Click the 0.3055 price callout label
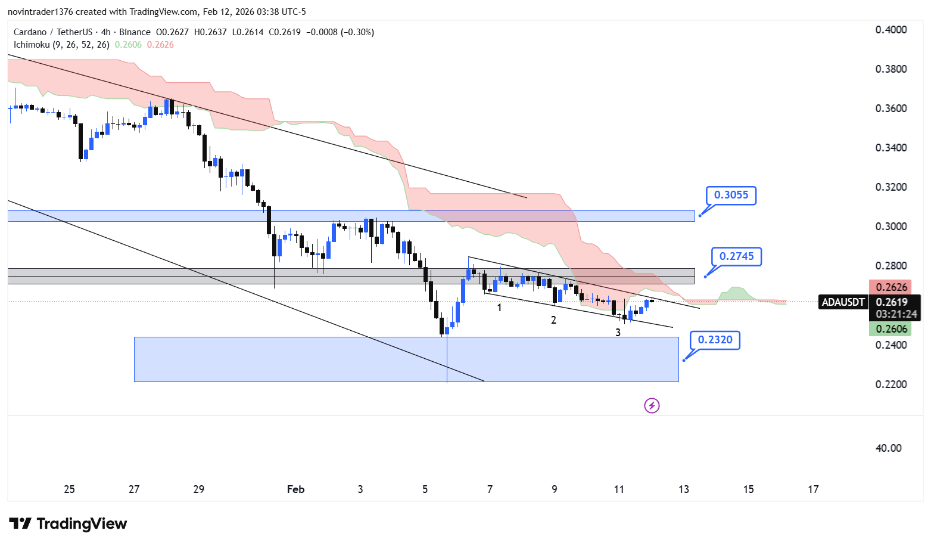pyautogui.click(x=730, y=196)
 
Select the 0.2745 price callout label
pyautogui.click(x=736, y=257)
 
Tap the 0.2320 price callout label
pyautogui.click(x=715, y=340)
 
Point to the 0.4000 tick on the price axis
pyautogui.click(x=890, y=30)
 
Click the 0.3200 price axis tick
pyautogui.click(x=890, y=187)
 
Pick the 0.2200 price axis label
pyautogui.click(x=890, y=384)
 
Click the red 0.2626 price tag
pyautogui.click(x=891, y=287)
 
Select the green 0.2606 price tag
pyautogui.click(x=891, y=329)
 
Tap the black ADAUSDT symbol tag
pyautogui.click(x=843, y=302)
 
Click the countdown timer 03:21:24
pyautogui.click(x=896, y=314)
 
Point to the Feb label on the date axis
pyautogui.click(x=295, y=489)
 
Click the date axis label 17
pyautogui.click(x=813, y=489)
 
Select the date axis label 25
pyautogui.click(x=69, y=489)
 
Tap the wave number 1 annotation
pyautogui.click(x=499, y=308)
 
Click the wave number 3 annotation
pyautogui.click(x=618, y=333)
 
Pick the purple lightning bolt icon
pyautogui.click(x=652, y=406)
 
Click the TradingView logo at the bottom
pyautogui.click(x=68, y=524)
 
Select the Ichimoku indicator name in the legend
pyautogui.click(x=33, y=45)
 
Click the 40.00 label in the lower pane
pyautogui.click(x=888, y=448)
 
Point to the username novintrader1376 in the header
pyautogui.click(x=40, y=12)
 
